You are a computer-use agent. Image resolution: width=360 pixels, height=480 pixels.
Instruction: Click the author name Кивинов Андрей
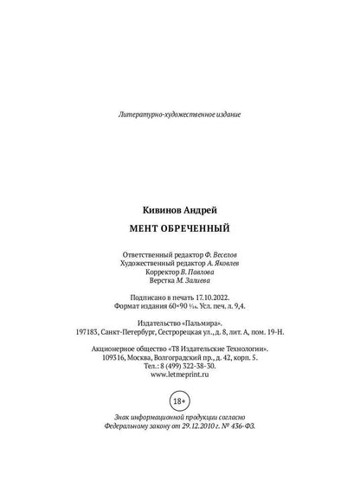pos(179,210)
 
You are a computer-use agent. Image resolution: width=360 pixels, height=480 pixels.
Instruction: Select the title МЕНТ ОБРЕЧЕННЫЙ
pos(179,229)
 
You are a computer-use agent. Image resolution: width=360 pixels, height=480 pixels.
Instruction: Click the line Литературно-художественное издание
pos(179,113)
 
